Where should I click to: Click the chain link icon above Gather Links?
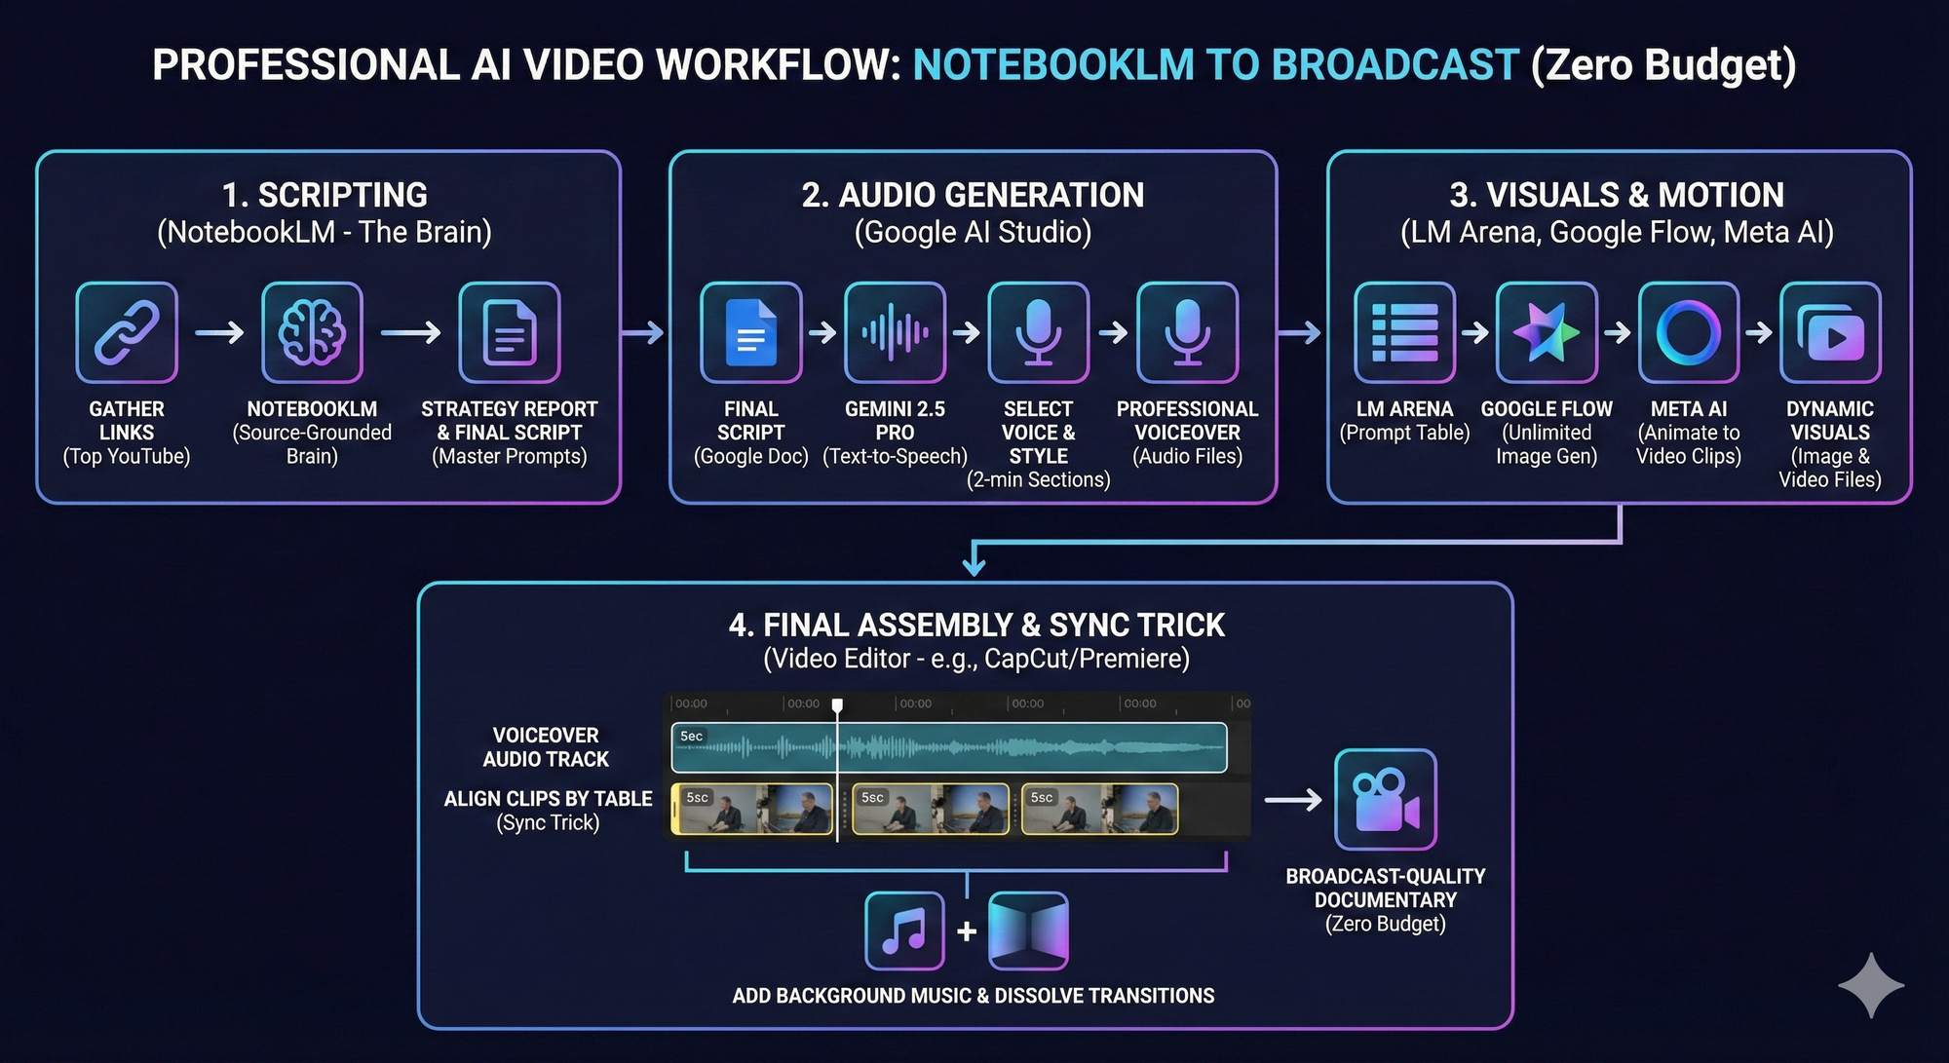point(127,332)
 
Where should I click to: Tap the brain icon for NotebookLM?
point(312,332)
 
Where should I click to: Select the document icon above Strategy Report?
point(510,332)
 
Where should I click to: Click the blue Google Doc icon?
point(750,332)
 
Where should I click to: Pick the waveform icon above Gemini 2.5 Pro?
point(895,332)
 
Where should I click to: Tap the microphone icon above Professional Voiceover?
point(1187,332)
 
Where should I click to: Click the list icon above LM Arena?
point(1404,332)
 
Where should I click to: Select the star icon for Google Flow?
point(1547,332)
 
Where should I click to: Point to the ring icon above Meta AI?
point(1688,332)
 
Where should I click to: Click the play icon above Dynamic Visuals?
point(1830,332)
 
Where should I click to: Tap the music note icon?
point(904,930)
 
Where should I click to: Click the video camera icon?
point(1385,800)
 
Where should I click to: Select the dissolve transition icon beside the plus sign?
point(1028,930)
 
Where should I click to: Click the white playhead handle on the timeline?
point(837,704)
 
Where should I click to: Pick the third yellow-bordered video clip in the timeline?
point(1099,810)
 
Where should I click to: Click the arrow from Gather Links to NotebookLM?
point(219,332)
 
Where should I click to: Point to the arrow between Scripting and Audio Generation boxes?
point(643,332)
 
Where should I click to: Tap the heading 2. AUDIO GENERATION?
point(973,195)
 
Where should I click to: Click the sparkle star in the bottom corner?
point(1871,985)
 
